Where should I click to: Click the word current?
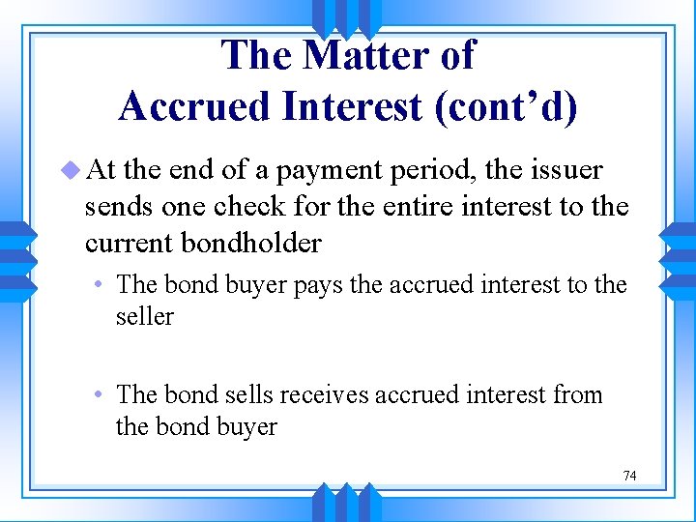pos(125,243)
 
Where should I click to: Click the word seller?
pos(145,316)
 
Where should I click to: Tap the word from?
pos(577,394)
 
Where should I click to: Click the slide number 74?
pos(629,476)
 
